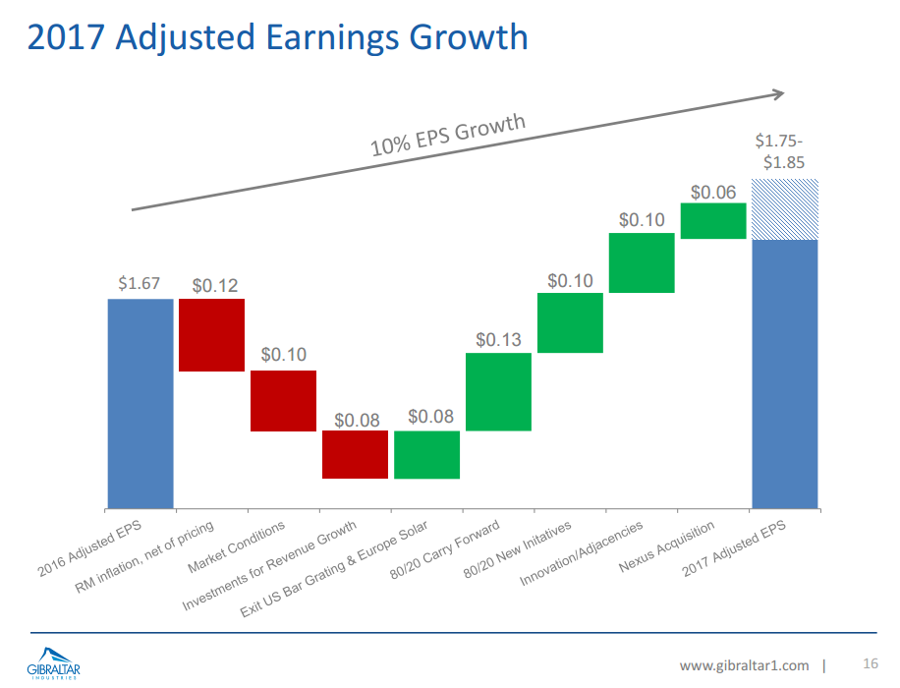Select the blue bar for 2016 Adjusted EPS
(x=141, y=403)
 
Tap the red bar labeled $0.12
(x=211, y=334)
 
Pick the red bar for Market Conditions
(x=283, y=400)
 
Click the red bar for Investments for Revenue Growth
(x=355, y=454)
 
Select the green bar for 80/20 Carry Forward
(x=498, y=391)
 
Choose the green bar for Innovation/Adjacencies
(x=642, y=262)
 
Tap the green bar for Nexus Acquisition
(x=713, y=220)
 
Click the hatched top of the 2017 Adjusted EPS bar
(x=785, y=209)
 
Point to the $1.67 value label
(x=139, y=283)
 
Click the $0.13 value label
(x=498, y=340)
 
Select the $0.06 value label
(x=713, y=192)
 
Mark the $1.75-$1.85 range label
(x=784, y=152)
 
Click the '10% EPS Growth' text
(x=448, y=136)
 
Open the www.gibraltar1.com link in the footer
(x=744, y=665)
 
